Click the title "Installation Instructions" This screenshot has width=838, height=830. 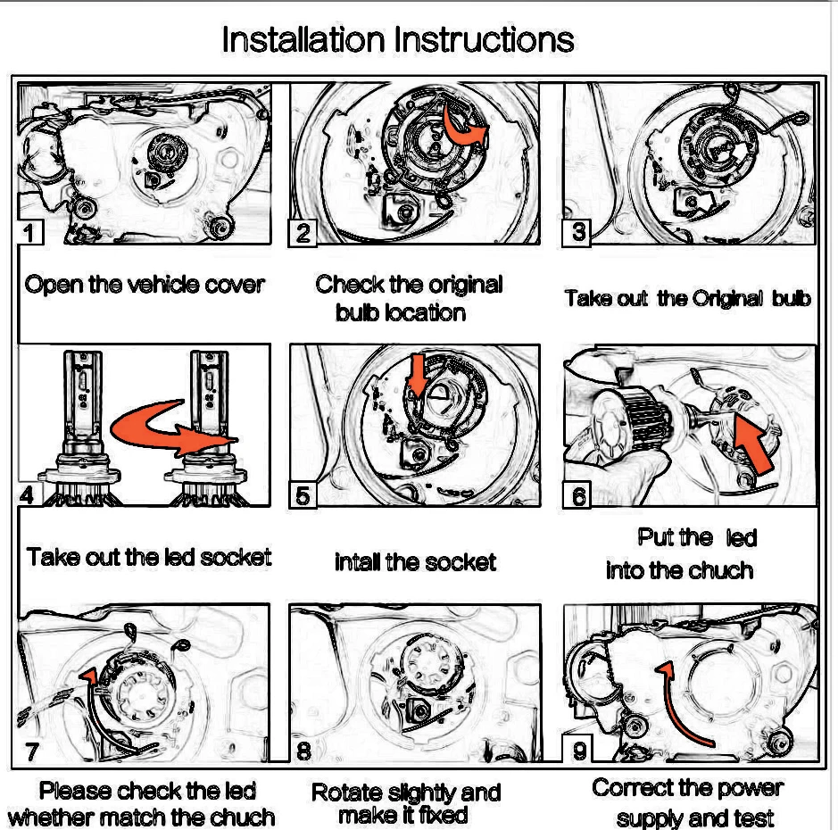[398, 39]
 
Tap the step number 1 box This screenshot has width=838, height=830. [30, 232]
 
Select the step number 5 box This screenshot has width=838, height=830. [303, 495]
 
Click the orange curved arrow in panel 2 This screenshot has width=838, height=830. [464, 131]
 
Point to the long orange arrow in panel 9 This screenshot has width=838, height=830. [675, 705]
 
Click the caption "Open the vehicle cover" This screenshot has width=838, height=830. [145, 285]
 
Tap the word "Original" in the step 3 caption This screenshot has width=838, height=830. [727, 298]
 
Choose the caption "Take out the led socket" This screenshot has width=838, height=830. [149, 557]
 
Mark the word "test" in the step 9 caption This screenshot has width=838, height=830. [753, 818]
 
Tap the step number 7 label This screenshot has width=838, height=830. [31, 751]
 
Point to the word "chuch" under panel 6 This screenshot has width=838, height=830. [721, 570]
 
